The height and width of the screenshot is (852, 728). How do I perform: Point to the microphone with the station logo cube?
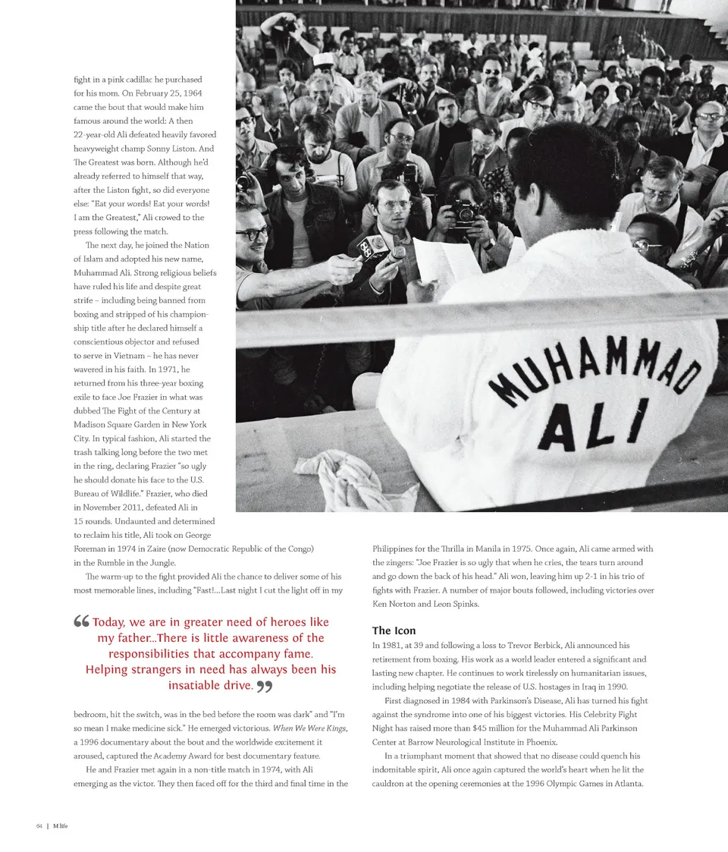(x=375, y=247)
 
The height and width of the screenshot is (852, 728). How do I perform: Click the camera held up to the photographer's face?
(x=464, y=213)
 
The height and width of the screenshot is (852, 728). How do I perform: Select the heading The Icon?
(x=394, y=630)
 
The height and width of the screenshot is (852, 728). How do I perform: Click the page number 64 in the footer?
(x=39, y=825)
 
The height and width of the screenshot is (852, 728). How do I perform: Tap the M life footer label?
(x=61, y=825)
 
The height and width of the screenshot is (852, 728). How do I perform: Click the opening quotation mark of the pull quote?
(x=82, y=623)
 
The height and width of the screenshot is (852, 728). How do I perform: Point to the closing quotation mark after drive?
(x=264, y=687)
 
